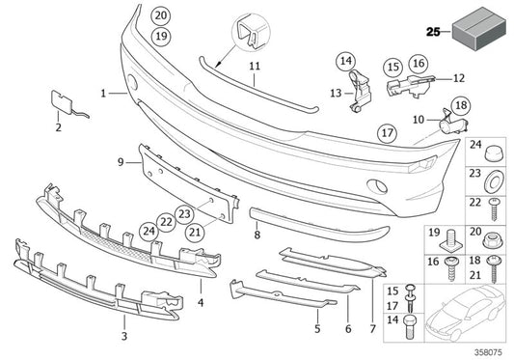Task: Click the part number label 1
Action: click(102, 93)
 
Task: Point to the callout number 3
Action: click(124, 337)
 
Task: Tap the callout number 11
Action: click(254, 67)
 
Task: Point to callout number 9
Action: click(122, 162)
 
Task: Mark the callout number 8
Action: click(257, 235)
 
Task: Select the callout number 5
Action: click(316, 329)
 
